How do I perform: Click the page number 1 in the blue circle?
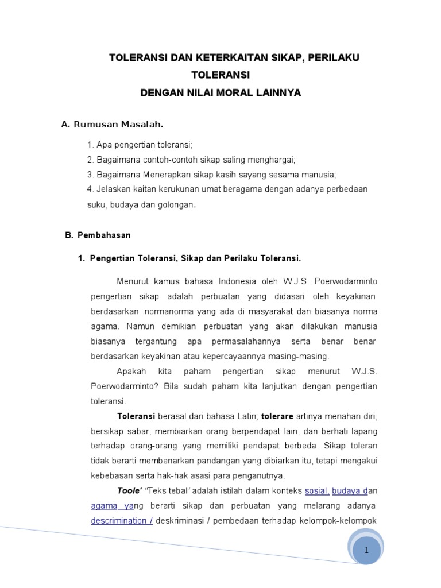click(366, 550)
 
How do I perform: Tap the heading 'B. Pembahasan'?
click(96, 235)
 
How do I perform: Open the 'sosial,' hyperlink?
click(316, 490)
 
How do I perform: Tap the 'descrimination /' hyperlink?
click(121, 520)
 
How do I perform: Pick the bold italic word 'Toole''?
click(129, 490)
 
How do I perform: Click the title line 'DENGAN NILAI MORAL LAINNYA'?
click(220, 92)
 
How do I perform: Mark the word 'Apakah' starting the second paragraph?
click(130, 371)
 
